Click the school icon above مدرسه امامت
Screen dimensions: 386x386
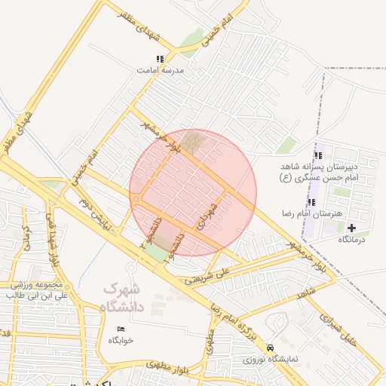(x=159, y=58)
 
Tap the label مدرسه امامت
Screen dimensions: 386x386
(x=160, y=69)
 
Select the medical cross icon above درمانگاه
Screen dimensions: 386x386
(x=351, y=227)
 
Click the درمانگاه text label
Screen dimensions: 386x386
(x=351, y=239)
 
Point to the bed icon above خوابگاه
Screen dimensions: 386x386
(x=121, y=329)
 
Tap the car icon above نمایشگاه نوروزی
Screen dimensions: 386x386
(x=270, y=348)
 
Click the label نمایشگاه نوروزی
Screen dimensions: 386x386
(x=270, y=360)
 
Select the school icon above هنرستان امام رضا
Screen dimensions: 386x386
(x=311, y=201)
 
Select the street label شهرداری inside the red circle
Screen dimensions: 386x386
(x=206, y=216)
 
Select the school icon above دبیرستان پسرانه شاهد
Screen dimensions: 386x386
(x=318, y=155)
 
